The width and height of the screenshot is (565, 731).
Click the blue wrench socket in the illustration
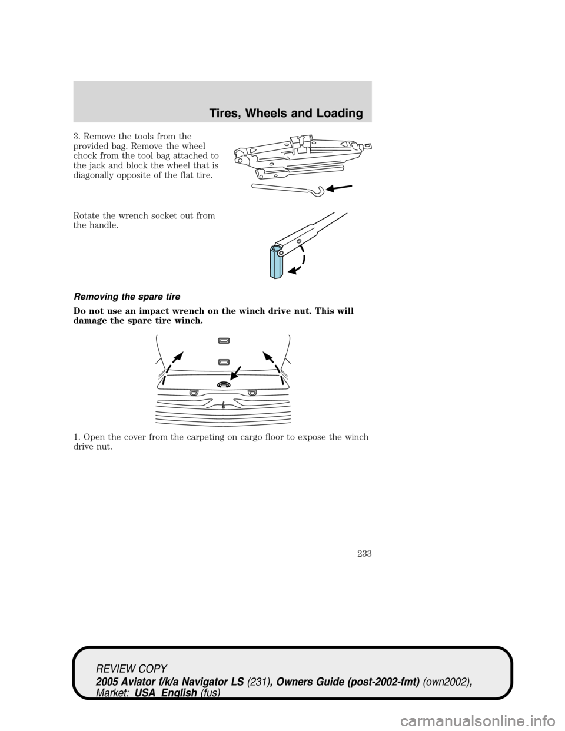point(277,261)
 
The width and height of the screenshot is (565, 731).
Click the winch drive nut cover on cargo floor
point(224,384)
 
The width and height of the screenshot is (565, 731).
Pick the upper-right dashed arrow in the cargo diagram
point(272,362)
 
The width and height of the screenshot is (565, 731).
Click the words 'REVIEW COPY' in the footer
point(132,668)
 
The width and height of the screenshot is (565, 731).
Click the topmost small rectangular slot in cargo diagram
point(223,340)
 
